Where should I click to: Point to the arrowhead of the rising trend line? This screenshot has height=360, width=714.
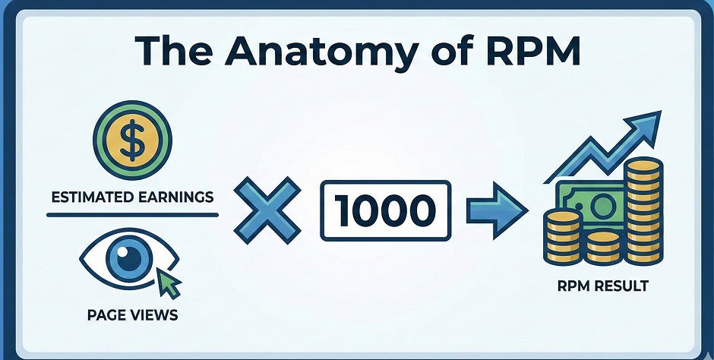click(645, 125)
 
